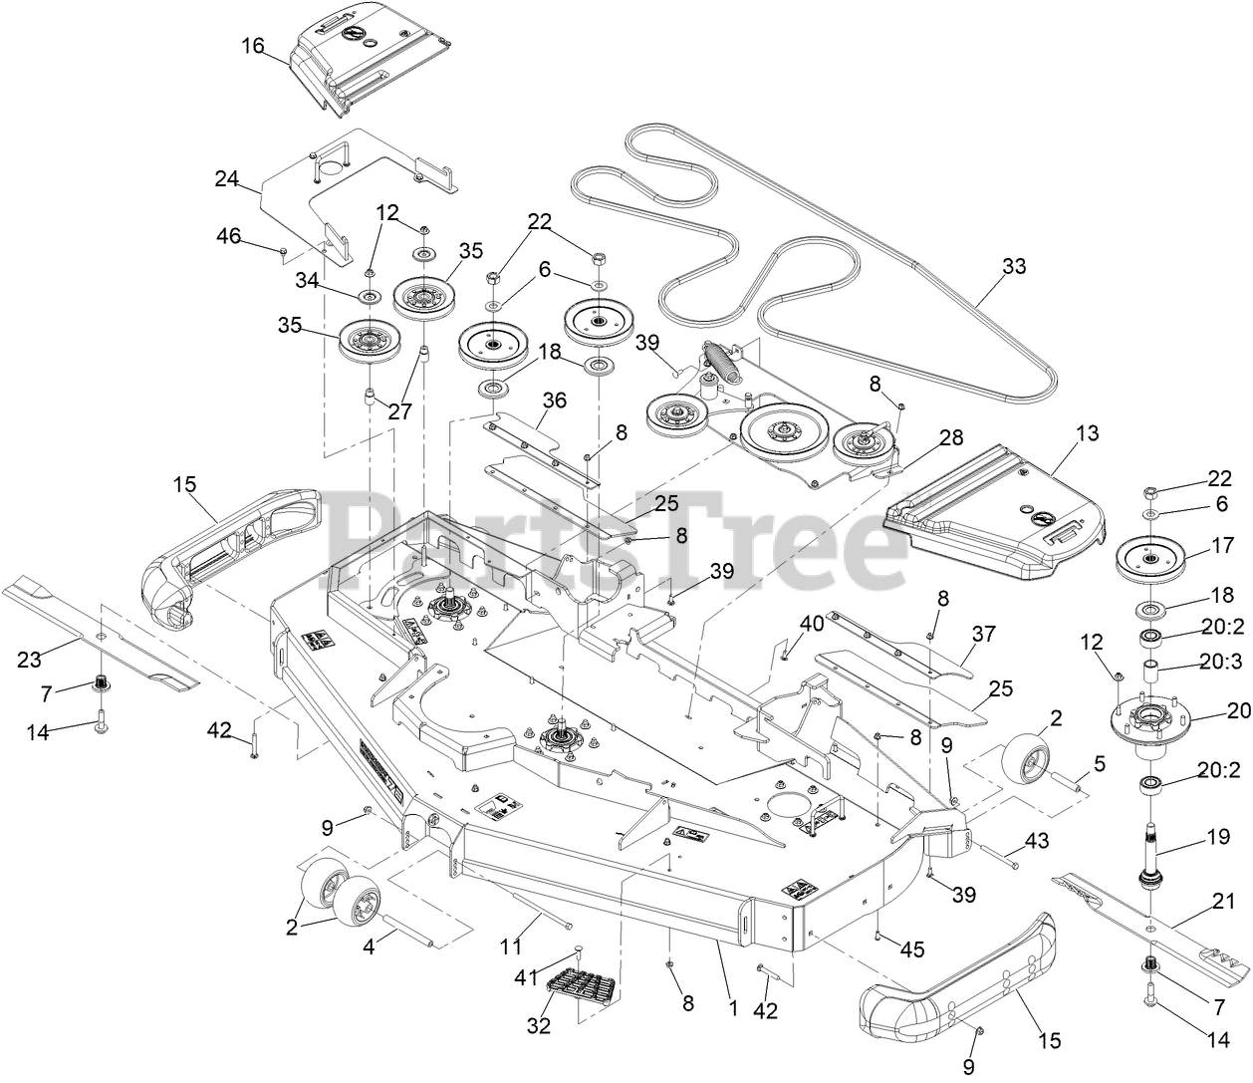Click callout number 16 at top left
254,46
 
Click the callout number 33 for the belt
1014,267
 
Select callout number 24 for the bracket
226,179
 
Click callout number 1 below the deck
732,1008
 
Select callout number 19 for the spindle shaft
1218,838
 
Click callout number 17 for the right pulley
1221,545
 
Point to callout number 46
229,235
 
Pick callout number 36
554,402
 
